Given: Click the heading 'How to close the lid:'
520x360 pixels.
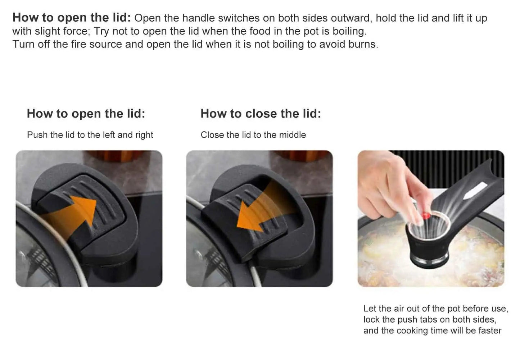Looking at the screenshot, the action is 261,114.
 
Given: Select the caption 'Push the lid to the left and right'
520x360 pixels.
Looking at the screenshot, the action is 90,135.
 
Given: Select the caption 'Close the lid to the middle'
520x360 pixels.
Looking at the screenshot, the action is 253,135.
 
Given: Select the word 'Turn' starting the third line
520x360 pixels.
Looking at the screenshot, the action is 23,44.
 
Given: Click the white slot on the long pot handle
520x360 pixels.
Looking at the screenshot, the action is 475,191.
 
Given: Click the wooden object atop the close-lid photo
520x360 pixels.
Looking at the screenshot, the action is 302,155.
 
